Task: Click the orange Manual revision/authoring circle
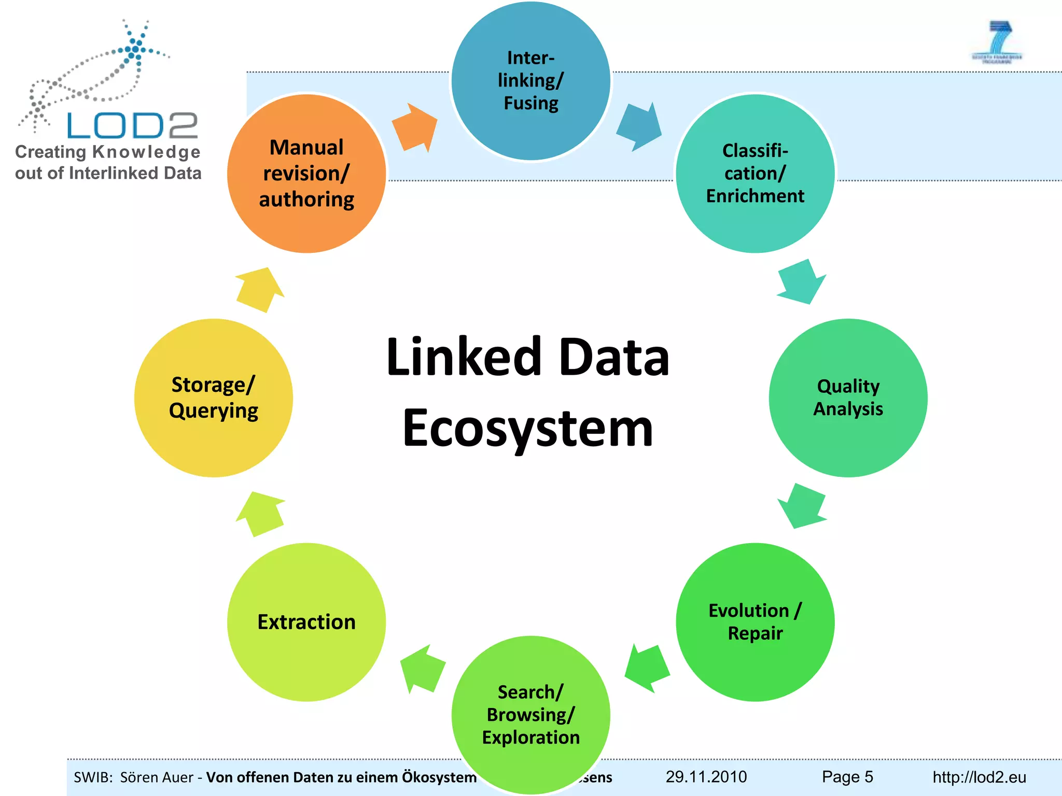(x=306, y=174)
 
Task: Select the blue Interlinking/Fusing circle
(x=530, y=81)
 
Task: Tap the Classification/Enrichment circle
(x=755, y=174)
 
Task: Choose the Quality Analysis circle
(x=848, y=397)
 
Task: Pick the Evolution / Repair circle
(x=755, y=622)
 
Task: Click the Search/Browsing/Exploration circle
(x=530, y=715)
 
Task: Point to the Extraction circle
(x=306, y=622)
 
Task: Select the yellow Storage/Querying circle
(x=214, y=397)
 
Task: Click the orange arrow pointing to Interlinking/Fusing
(x=415, y=127)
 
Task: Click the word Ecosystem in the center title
(x=528, y=428)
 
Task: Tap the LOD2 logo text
(x=133, y=125)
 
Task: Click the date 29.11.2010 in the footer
(x=706, y=777)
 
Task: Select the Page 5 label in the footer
(x=847, y=777)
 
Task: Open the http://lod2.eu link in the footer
(x=979, y=777)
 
